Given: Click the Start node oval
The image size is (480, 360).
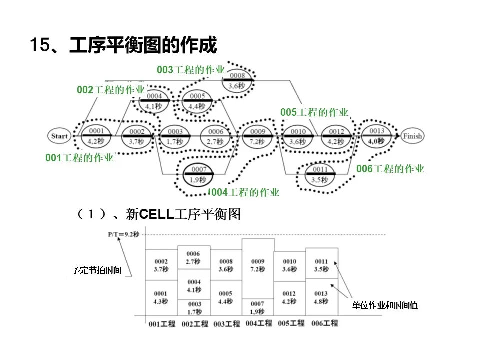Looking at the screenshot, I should click(x=59, y=136).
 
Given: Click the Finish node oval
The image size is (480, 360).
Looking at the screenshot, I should click(x=412, y=136).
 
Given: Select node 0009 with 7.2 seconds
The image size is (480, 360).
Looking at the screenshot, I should click(x=258, y=136).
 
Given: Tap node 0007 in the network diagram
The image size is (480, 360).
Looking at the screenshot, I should click(x=198, y=174).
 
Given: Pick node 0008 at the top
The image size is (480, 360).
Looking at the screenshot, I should click(x=237, y=80).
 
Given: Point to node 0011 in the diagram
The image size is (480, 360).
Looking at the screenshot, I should click(x=320, y=174).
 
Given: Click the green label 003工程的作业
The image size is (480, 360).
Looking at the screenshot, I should click(x=191, y=70).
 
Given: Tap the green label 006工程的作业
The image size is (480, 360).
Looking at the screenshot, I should click(x=390, y=169).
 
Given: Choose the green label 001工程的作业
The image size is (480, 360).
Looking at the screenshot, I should click(x=79, y=158).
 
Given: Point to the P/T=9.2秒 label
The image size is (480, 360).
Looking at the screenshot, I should click(x=124, y=234).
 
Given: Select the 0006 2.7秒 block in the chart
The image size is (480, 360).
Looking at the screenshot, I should click(x=193, y=258).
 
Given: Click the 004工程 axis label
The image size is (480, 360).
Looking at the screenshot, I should click(x=259, y=323).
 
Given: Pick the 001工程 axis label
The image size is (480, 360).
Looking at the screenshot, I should click(x=162, y=324).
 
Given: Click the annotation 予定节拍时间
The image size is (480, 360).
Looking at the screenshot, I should click(x=96, y=271).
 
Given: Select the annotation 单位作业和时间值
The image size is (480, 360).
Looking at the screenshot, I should click(x=385, y=305).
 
